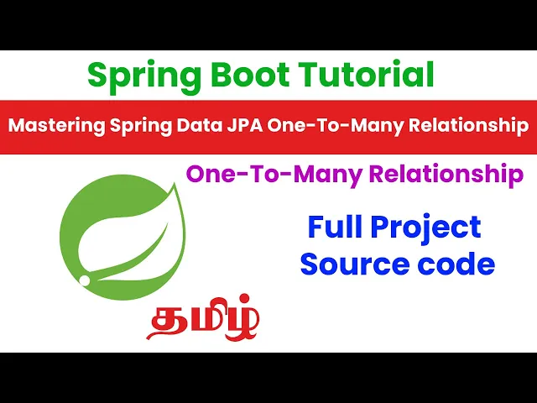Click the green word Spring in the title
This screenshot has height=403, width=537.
(x=144, y=77)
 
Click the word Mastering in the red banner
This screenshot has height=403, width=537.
(x=57, y=126)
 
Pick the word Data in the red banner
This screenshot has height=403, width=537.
(x=200, y=125)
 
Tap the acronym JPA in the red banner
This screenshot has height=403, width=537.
(x=245, y=125)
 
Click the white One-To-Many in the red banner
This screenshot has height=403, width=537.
(x=336, y=126)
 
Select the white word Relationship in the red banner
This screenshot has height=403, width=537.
(x=468, y=126)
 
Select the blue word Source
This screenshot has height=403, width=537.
(x=355, y=264)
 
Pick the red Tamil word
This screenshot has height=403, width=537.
(x=203, y=318)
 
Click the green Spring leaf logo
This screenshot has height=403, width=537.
(x=123, y=237)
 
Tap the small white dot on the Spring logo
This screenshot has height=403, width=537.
(x=84, y=280)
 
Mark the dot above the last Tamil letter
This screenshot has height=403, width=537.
(x=244, y=300)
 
